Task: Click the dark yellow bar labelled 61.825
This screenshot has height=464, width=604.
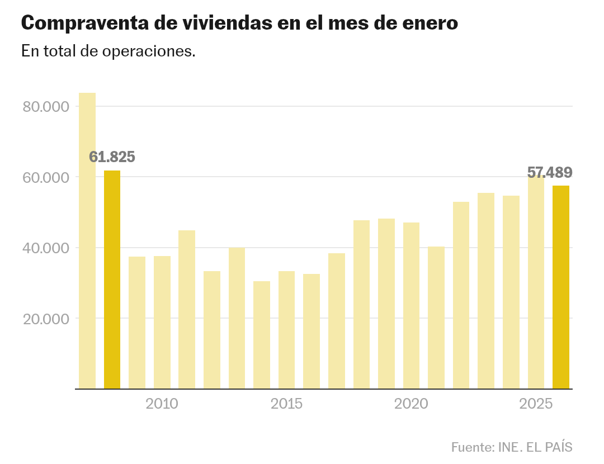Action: [112, 280]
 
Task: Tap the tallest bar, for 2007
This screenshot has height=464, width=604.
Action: [87, 240]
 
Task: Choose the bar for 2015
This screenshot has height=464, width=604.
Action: [287, 330]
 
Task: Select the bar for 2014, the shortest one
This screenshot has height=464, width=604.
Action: [262, 335]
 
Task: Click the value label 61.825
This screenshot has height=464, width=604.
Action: [112, 157]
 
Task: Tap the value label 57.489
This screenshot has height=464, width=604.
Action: [550, 173]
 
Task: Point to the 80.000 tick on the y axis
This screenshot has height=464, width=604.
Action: [45, 107]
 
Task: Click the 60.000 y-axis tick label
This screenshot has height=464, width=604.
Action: [45, 177]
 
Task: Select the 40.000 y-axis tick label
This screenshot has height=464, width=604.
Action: [45, 248]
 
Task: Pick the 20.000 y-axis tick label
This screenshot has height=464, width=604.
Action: [45, 319]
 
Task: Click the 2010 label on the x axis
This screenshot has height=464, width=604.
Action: [162, 404]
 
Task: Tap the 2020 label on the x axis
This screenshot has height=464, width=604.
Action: [411, 404]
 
